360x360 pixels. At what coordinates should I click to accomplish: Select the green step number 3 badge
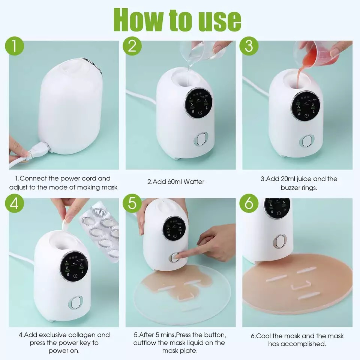(x=249, y=48)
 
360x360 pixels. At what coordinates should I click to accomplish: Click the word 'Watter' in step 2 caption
(x=192, y=182)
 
